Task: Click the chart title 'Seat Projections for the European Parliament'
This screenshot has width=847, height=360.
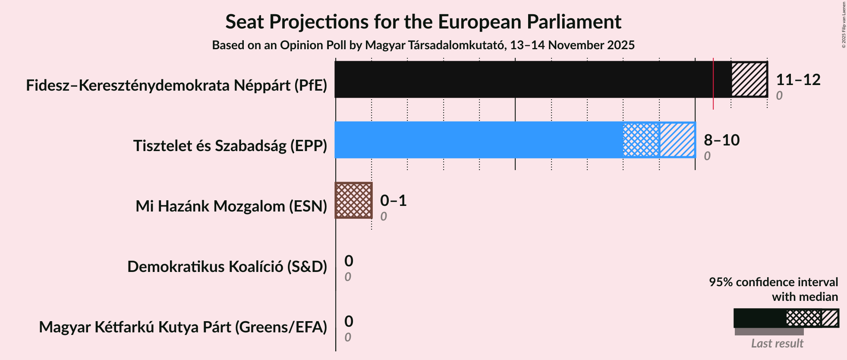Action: [x=423, y=22]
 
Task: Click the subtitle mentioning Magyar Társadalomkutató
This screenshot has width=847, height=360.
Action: [x=423, y=45]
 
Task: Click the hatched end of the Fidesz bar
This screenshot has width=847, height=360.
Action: [x=749, y=79]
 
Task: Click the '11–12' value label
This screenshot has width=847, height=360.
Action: [x=798, y=80]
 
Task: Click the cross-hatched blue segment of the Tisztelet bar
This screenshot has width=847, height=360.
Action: [x=641, y=140]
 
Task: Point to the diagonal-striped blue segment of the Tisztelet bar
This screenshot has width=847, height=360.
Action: [x=677, y=140]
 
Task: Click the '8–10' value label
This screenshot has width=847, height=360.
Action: [x=722, y=140]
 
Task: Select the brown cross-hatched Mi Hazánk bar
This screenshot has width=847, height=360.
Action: [x=354, y=200]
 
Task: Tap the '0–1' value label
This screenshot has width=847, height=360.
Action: [x=394, y=201]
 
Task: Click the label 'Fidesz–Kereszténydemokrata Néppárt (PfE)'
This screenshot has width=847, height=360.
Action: [x=176, y=85]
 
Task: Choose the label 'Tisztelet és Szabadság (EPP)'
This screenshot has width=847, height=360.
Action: [x=230, y=146]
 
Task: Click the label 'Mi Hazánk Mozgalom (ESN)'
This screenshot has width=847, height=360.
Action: [x=231, y=206]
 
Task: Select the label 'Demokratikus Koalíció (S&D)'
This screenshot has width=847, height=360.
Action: [x=227, y=267]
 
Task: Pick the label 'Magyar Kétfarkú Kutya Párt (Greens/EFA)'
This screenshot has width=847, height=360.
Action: [x=183, y=327]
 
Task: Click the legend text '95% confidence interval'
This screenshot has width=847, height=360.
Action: [x=773, y=282]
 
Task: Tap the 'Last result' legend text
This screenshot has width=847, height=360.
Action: [x=777, y=344]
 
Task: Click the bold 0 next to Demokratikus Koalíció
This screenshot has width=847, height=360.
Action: [x=349, y=261]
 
